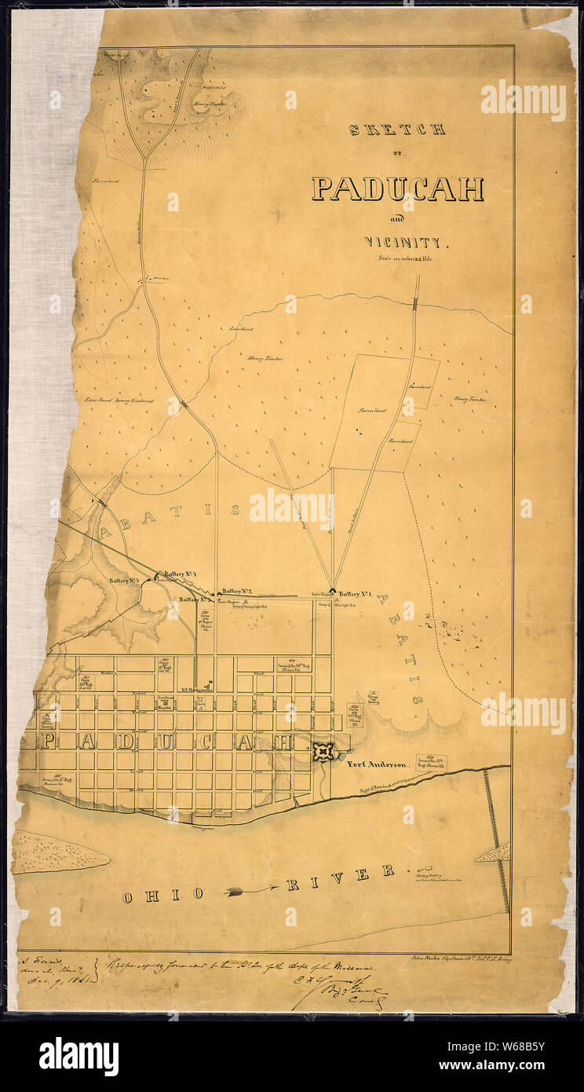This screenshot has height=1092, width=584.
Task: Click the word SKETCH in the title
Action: click(397, 130)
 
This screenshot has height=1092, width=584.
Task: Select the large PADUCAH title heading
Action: click(397, 189)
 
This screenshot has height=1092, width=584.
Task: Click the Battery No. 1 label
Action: click(360, 593)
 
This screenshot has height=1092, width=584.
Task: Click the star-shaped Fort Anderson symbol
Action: click(322, 752)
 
